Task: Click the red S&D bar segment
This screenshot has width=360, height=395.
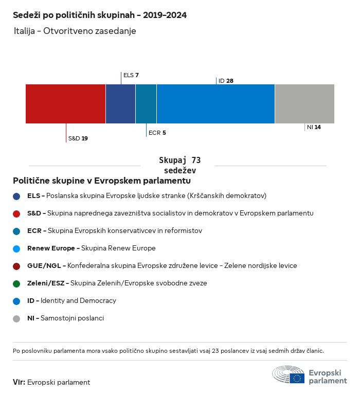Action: [x=65, y=104]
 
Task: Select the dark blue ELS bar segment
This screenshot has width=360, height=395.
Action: [x=121, y=104]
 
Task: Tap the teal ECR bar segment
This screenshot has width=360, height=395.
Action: [x=146, y=104]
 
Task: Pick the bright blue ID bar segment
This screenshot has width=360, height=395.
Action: [x=215, y=104]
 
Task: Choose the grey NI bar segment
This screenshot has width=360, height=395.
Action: [x=305, y=104]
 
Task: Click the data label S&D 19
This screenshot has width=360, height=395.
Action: [x=78, y=138]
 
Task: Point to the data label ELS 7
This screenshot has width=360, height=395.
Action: [x=131, y=75]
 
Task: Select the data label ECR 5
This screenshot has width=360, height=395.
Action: [x=157, y=133]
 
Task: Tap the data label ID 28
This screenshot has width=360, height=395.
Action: [x=226, y=81]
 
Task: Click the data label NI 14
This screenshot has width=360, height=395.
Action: [x=314, y=127]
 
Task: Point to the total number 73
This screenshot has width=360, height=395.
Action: [x=196, y=160]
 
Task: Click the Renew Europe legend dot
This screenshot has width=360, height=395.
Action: [x=16, y=249]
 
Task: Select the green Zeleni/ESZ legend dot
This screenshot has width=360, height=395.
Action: [x=16, y=284]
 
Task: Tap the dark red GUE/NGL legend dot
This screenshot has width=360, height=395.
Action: [x=16, y=266]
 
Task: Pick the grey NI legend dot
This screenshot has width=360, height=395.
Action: [x=16, y=319]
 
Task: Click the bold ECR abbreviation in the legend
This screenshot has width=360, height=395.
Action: [x=34, y=231]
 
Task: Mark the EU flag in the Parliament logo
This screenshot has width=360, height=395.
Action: [x=297, y=378]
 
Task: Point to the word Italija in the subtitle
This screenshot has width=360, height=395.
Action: [x=24, y=31]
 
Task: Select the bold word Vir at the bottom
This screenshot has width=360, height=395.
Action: [x=19, y=382]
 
